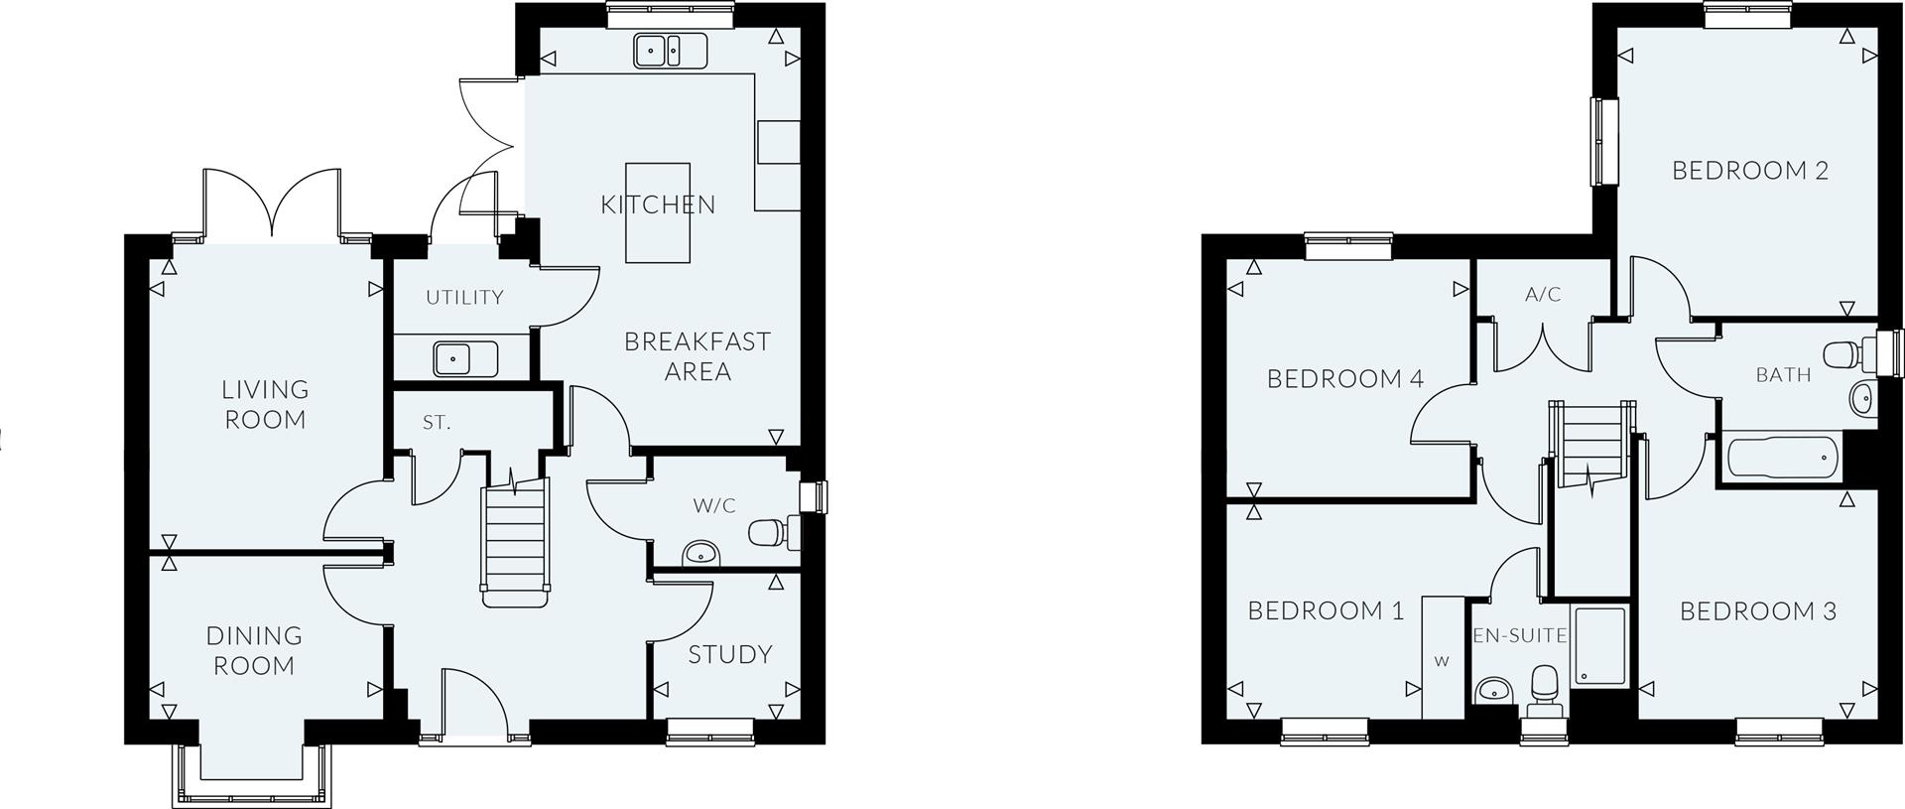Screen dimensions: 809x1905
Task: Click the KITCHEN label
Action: [x=658, y=205]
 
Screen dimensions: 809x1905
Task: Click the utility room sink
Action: [x=464, y=358]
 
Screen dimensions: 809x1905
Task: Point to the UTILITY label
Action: [x=464, y=297]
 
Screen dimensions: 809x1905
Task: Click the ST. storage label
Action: [x=437, y=423]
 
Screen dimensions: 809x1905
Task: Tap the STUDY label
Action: [x=730, y=654]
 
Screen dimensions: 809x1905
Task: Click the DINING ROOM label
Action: [x=254, y=650]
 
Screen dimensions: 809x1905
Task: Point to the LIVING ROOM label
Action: [x=265, y=404]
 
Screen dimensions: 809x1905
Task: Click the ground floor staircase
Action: [x=515, y=541]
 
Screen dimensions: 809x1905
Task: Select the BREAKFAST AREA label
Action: [x=697, y=356]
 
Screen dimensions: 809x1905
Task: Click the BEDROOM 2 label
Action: [x=1750, y=171]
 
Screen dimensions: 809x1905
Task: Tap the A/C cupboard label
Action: [x=1543, y=295]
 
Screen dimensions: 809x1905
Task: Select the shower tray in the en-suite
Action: [x=1600, y=645]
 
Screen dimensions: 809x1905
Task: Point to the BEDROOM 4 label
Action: [x=1345, y=378]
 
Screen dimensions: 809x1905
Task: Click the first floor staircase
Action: [x=1590, y=443]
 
